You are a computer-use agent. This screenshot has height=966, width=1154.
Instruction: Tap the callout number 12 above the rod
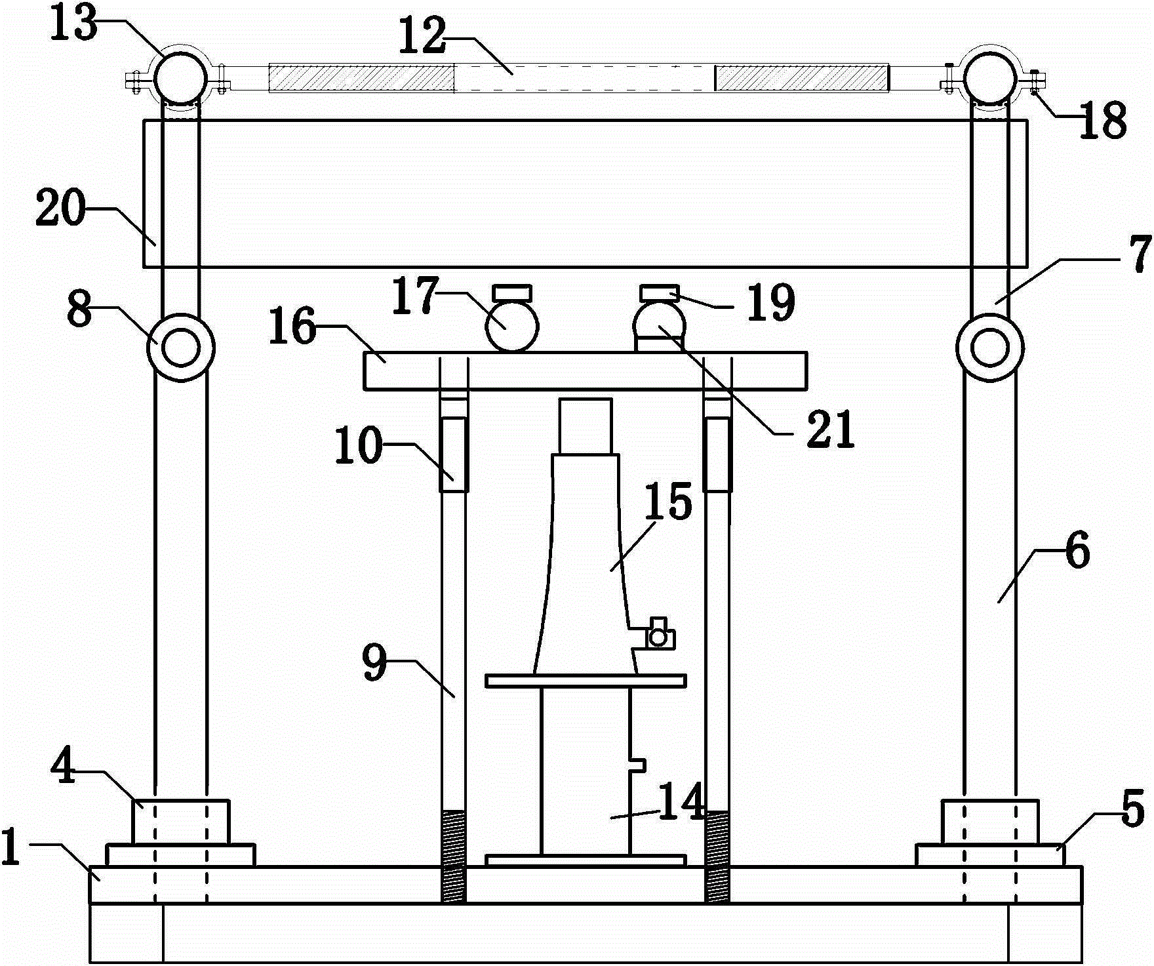424,36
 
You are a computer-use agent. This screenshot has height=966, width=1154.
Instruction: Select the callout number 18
1103,121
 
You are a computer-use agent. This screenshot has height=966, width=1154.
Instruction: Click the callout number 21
831,430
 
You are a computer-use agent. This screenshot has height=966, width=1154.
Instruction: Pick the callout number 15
669,501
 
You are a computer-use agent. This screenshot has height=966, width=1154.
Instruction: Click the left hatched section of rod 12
361,77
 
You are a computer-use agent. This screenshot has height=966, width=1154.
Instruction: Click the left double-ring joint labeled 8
181,348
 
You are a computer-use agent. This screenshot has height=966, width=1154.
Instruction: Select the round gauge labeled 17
511,325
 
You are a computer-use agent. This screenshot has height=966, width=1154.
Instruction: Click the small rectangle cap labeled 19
659,292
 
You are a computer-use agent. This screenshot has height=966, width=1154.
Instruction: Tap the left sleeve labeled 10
454,454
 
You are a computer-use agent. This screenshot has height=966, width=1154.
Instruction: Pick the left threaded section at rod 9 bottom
454,856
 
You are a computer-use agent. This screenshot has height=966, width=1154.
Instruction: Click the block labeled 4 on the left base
181,821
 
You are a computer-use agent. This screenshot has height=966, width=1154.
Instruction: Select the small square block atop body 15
586,425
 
